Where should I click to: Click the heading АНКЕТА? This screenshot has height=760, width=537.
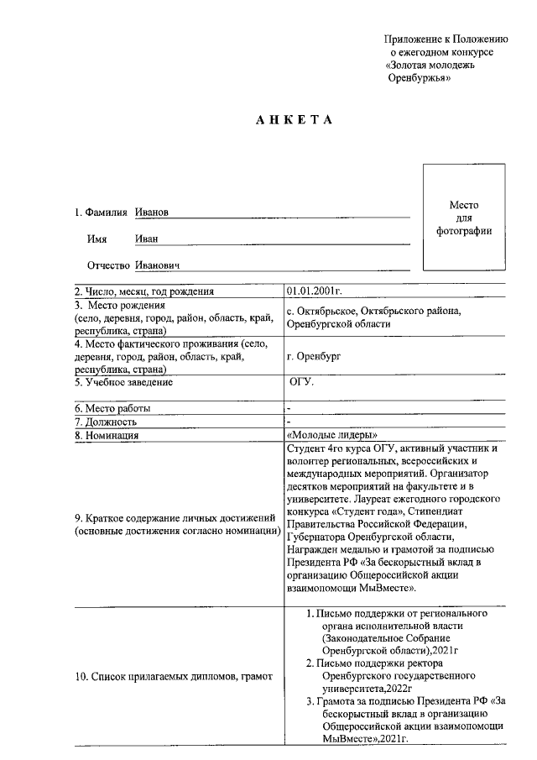[x=295, y=119]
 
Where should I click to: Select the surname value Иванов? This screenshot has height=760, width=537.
[x=152, y=212]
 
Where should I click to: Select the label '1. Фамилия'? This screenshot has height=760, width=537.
[x=100, y=212]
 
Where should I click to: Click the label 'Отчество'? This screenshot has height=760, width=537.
[x=108, y=266]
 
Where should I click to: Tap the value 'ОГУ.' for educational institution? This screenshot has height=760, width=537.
[x=301, y=382]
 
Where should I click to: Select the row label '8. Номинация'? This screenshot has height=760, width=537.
[x=106, y=435]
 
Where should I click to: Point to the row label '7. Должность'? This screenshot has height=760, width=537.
[x=105, y=422]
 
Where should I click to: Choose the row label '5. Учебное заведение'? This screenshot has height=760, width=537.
[x=123, y=382]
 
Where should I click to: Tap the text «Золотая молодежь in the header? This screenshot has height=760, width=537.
[x=430, y=65]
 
